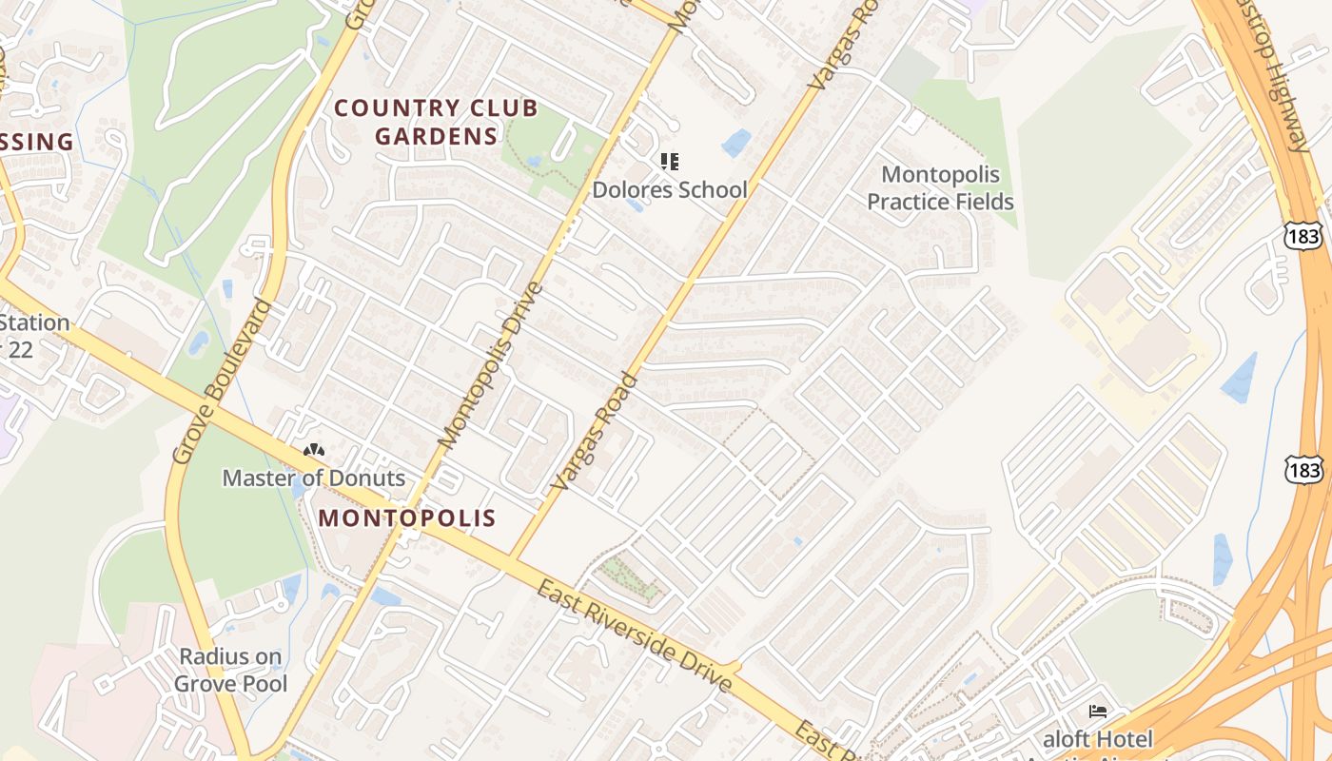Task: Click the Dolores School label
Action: point(670,189)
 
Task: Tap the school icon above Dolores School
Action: point(670,162)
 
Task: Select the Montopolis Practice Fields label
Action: point(940,188)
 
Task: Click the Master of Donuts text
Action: point(314,478)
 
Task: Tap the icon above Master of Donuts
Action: point(313,450)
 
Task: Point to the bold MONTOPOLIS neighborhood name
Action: point(407,517)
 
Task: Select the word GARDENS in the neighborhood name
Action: point(437,136)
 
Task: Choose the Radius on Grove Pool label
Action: point(231,670)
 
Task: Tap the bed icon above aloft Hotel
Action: point(1097,712)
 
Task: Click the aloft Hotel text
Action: point(1098,739)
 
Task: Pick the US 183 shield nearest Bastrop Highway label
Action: point(1300,235)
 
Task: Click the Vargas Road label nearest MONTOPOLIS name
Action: point(596,432)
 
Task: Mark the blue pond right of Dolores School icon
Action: point(735,143)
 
